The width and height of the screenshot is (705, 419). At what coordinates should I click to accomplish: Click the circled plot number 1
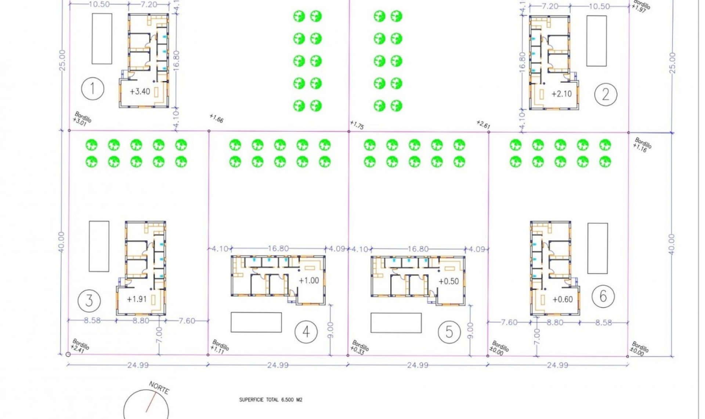point(93,89)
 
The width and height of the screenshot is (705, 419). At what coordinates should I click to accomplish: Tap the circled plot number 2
point(605,94)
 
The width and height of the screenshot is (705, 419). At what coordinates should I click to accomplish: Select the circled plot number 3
point(89,301)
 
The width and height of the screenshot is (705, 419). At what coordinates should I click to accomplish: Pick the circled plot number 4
point(306,332)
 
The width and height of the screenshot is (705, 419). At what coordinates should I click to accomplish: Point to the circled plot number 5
point(449,332)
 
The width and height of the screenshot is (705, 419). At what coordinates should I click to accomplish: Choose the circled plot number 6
point(603,296)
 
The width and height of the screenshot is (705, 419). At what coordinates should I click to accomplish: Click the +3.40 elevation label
point(140,92)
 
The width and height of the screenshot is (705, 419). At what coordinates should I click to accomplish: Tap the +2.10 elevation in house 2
point(561,94)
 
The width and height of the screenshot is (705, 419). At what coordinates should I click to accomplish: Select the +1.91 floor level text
point(137,299)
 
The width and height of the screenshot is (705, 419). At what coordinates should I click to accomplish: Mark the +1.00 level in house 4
point(309,281)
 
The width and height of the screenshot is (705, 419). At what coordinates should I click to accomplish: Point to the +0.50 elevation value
point(449,282)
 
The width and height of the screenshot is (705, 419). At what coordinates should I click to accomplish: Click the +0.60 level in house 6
point(563,300)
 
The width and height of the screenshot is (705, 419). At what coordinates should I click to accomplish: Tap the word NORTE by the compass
point(159,387)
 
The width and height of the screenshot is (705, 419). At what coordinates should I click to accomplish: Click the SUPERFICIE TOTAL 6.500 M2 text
point(271,400)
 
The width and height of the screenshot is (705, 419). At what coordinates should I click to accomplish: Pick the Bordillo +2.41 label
point(80,346)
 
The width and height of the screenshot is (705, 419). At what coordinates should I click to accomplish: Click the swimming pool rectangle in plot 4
point(256,322)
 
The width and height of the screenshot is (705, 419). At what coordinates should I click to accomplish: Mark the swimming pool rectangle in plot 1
point(102,39)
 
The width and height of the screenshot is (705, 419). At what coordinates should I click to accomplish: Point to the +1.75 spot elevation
point(357,125)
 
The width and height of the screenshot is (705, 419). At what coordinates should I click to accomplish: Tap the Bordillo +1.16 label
point(642,145)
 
